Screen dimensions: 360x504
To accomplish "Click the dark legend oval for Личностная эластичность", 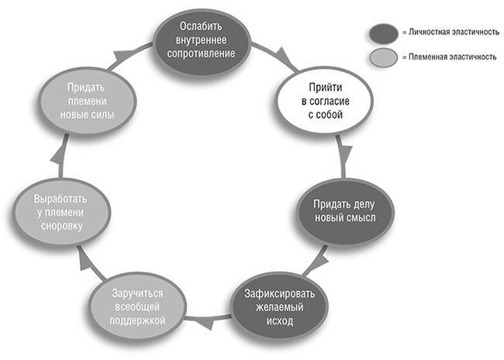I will tap(382, 32).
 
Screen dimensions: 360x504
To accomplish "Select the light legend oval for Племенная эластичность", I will tap(382, 57).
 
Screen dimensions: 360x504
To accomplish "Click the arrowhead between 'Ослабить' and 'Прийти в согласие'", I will tap(285, 56).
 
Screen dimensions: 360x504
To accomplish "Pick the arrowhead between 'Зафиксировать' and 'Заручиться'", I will tap(205, 320).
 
